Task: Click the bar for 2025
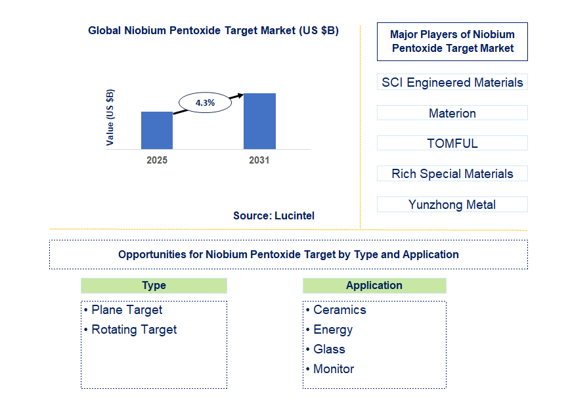pyautogui.click(x=157, y=130)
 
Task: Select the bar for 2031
pyautogui.click(x=259, y=121)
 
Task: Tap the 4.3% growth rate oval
pyautogui.click(x=206, y=102)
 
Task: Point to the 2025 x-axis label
pyautogui.click(x=157, y=160)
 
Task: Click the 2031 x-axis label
pyautogui.click(x=259, y=160)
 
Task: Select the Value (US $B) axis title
pyautogui.click(x=110, y=117)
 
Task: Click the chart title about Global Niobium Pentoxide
pyautogui.click(x=213, y=30)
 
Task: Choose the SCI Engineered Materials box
pyautogui.click(x=452, y=82)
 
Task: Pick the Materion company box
pyautogui.click(x=452, y=113)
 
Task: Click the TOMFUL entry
pyautogui.click(x=452, y=143)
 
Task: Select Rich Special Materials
pyautogui.click(x=452, y=173)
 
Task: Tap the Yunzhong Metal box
pyautogui.click(x=452, y=204)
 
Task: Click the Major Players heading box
pyautogui.click(x=452, y=41)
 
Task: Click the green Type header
pyautogui.click(x=154, y=285)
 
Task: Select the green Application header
pyautogui.click(x=374, y=285)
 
